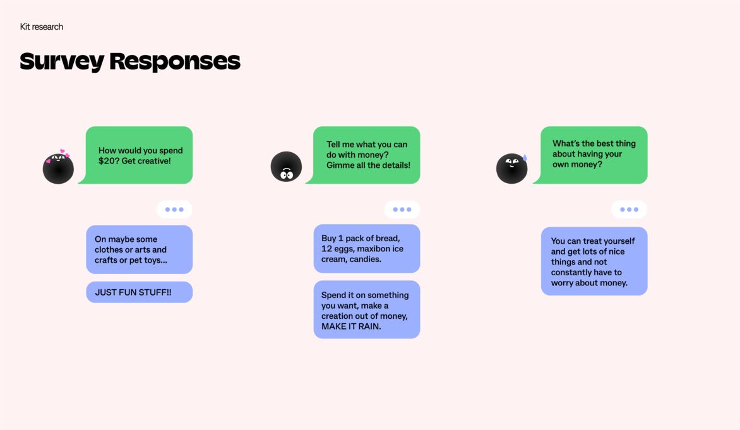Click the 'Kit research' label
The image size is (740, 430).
pos(42,27)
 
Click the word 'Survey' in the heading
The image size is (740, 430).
pos(62,61)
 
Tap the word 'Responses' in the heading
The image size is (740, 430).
pos(175,61)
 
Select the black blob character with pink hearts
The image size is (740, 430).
pos(58,169)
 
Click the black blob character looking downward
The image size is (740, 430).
pos(286,167)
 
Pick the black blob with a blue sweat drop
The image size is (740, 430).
pos(511,169)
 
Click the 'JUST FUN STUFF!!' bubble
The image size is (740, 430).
pos(139,292)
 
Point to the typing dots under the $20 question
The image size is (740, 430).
pos(174,210)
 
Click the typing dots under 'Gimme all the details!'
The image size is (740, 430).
pos(402,210)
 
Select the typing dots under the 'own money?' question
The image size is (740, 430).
pos(630,210)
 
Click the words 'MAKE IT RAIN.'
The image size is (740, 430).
pos(351,326)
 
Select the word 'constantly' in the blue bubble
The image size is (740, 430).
pos(573,272)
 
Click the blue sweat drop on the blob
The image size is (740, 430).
pos(525,157)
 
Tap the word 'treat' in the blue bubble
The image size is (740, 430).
pos(587,241)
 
